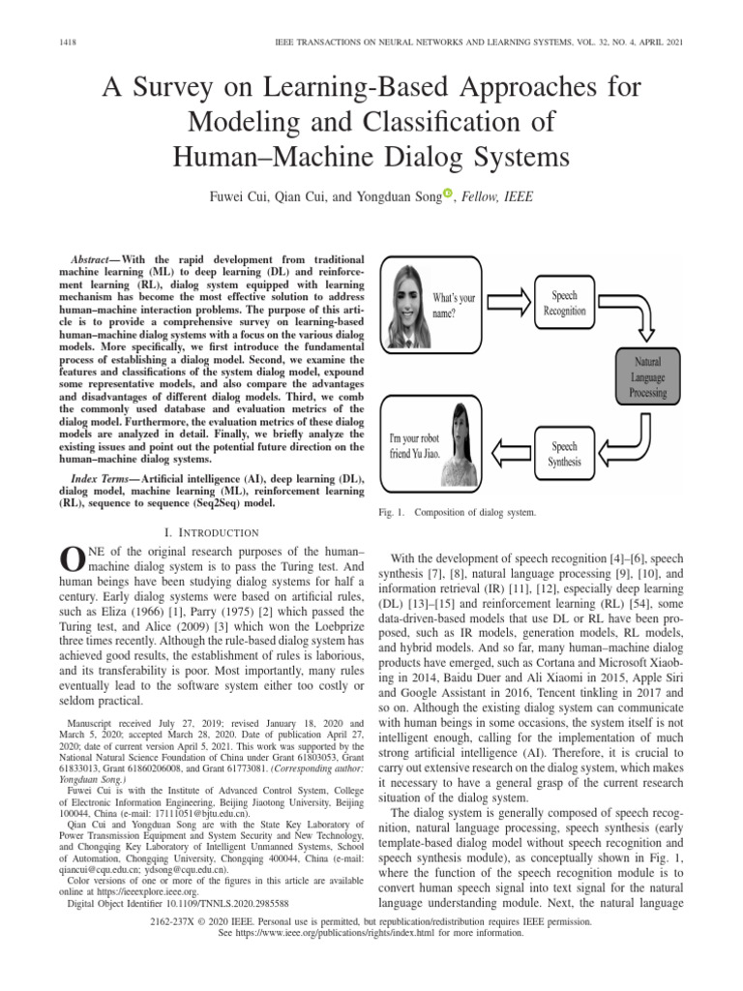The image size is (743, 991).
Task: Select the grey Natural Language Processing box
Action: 648,377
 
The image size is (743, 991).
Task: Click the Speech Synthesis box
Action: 566,454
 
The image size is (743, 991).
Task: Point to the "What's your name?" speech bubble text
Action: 454,305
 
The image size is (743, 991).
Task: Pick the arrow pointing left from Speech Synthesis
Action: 509,449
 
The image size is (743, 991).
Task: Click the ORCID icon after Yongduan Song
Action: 447,194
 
